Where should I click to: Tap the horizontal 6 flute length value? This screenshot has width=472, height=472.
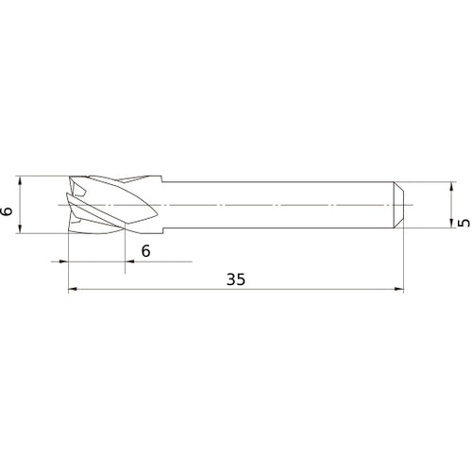pos(145,250)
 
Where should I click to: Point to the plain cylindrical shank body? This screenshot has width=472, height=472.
pos(283,203)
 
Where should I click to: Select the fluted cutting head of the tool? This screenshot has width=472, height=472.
pos(113,203)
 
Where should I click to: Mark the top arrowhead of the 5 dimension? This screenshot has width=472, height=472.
pos(450,186)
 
